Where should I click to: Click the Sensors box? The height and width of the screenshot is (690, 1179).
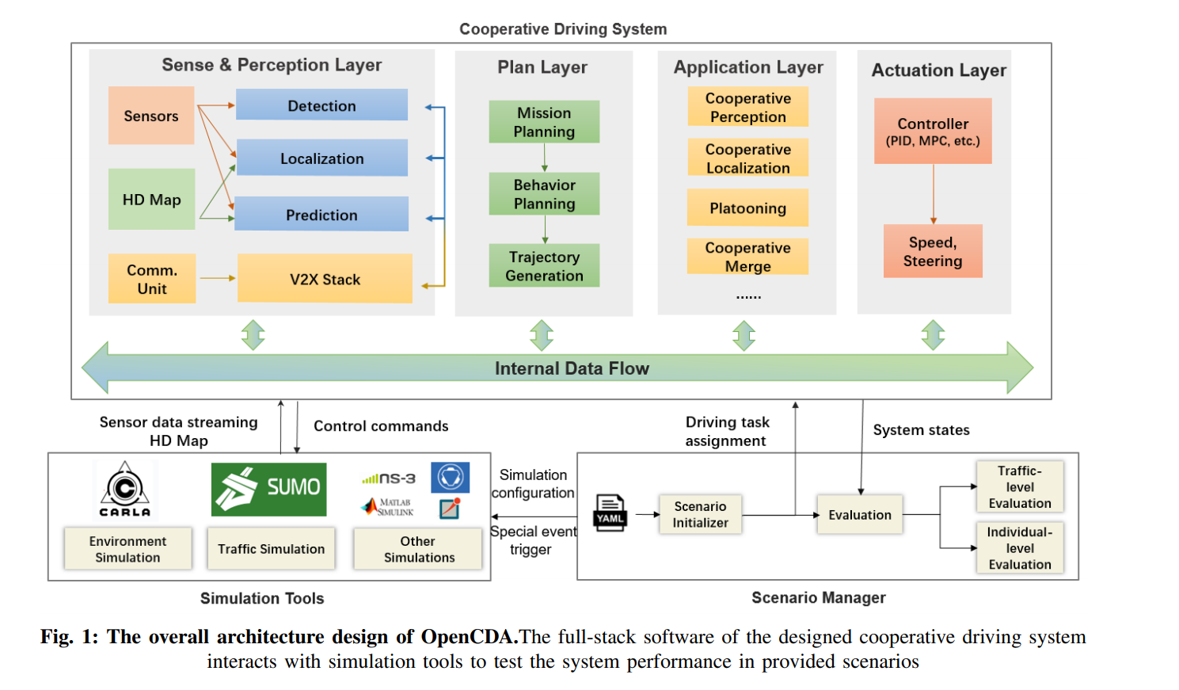point(150,116)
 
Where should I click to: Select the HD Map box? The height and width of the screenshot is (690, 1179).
point(151,200)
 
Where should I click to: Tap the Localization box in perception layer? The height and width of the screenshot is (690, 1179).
point(321,158)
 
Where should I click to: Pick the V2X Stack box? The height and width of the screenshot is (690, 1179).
point(325,279)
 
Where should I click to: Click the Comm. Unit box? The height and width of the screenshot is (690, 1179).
point(152,279)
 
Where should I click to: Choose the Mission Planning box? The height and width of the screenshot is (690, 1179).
point(544,122)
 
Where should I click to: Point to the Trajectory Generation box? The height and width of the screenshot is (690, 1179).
point(544,266)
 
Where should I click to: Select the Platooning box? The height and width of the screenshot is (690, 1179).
point(747,208)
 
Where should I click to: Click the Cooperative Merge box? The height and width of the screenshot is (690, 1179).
point(747,257)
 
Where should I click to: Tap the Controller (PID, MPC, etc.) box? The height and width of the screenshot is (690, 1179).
point(933,132)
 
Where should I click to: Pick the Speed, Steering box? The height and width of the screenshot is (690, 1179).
point(933,251)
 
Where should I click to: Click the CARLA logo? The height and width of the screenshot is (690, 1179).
point(125,490)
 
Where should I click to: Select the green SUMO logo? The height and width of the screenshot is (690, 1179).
point(268,489)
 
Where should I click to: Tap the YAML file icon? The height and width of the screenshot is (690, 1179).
point(610,513)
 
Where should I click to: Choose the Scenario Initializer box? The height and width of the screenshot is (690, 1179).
point(700,515)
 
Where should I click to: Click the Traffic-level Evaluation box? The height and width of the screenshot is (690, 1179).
point(1019,486)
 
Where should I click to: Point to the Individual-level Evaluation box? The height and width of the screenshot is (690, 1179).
point(1019,547)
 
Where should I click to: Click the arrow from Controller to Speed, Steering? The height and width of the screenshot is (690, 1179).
point(934,194)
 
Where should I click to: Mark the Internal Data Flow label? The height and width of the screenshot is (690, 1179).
point(572,368)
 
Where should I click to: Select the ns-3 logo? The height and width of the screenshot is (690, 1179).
point(389,478)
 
